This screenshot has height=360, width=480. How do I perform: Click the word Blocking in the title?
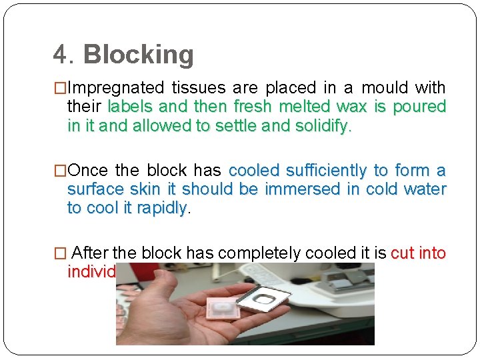139,55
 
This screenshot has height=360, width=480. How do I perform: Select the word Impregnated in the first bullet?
116,88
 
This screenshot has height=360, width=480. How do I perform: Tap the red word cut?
403,253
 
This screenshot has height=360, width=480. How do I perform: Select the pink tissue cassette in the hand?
226,307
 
